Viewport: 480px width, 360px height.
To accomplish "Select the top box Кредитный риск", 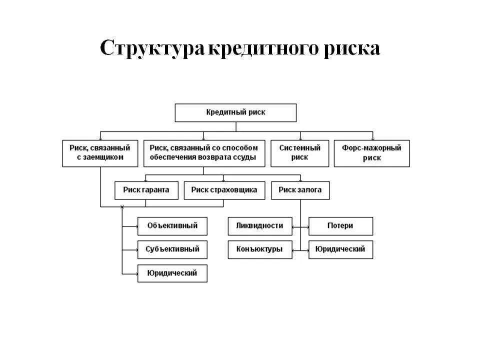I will click(235, 112).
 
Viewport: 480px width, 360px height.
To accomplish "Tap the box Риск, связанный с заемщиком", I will click(100, 153).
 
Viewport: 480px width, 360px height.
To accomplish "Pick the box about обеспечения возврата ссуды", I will click(203, 153).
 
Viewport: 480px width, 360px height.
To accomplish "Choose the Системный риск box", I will click(300, 153).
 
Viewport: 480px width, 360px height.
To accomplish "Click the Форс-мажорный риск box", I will click(372, 153).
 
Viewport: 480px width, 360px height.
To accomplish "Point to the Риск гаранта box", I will click(146, 190).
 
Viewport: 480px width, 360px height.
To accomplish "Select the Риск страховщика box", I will click(224, 190).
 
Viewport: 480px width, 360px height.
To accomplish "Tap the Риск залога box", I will click(300, 190).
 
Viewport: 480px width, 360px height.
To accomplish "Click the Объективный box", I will click(172, 226).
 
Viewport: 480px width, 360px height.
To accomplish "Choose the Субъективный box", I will click(172, 249).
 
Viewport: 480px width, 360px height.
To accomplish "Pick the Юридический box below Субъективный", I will click(172, 273).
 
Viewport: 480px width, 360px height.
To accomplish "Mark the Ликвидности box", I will click(260, 226).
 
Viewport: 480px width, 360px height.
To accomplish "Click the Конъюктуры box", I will click(260, 249).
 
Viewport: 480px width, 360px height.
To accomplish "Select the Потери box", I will click(340, 226).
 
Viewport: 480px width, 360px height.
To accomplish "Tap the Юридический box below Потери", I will click(340, 249).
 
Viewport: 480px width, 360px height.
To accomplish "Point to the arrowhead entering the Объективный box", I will click(136, 226).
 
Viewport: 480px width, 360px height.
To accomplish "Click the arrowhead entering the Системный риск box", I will click(300, 138).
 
